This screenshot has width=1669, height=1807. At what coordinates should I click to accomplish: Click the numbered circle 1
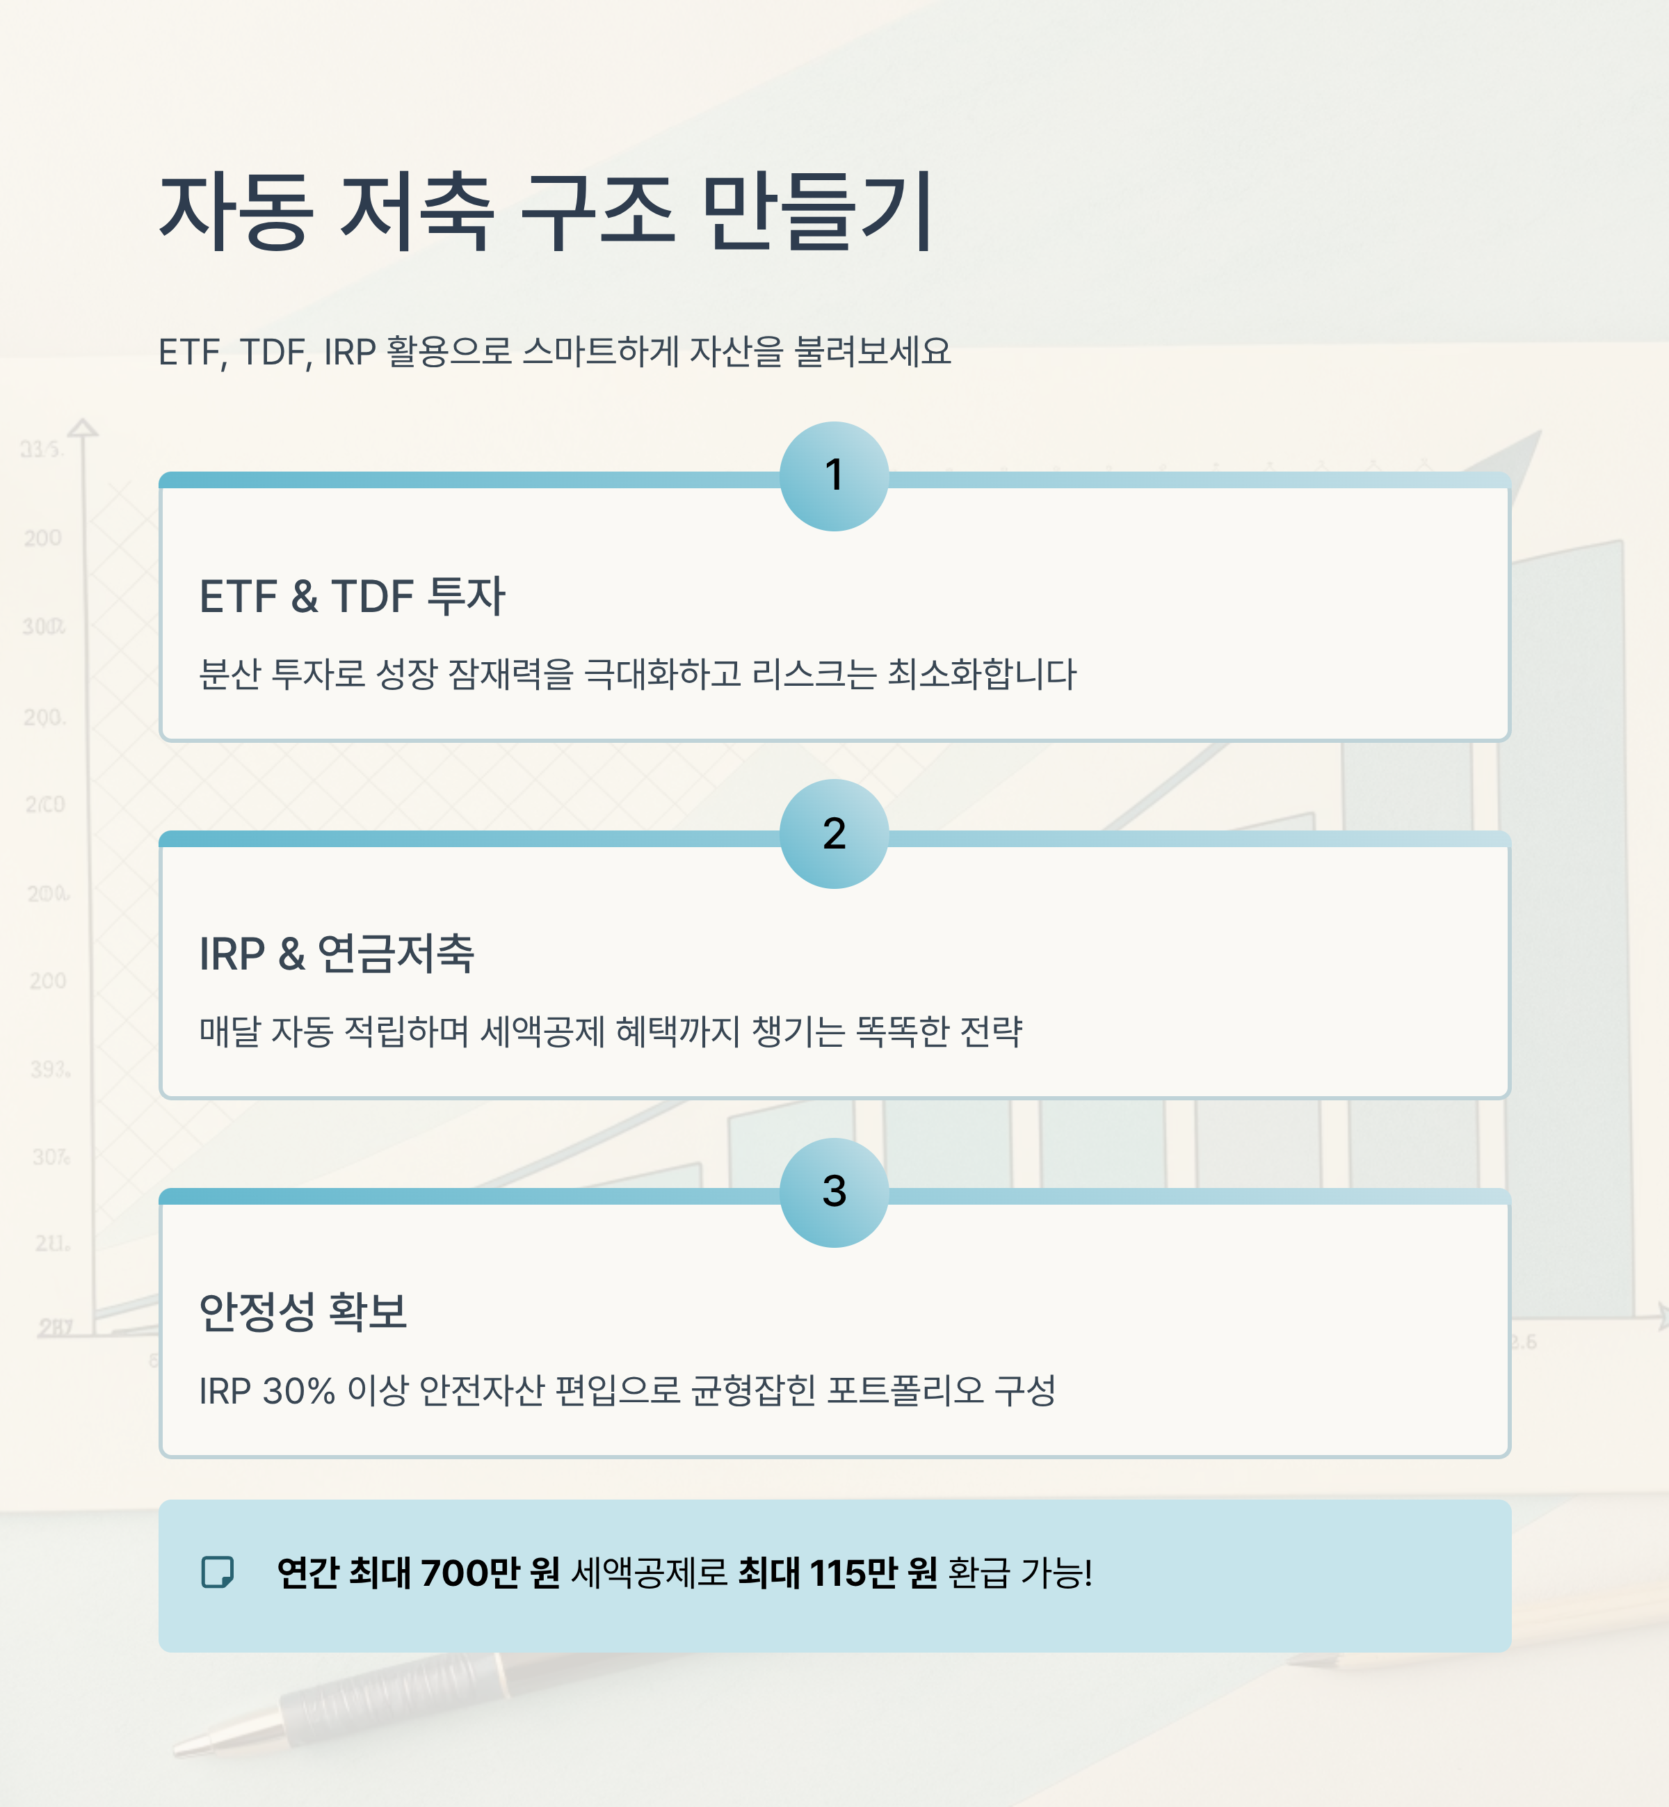834,476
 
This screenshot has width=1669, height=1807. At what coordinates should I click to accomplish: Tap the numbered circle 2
834,833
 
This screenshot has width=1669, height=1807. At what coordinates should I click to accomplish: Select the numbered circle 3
834,1192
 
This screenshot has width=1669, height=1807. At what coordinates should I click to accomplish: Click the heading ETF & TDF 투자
351,596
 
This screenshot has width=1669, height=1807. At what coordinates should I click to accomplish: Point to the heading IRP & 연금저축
336,954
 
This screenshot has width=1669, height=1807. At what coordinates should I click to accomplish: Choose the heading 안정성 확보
303,1311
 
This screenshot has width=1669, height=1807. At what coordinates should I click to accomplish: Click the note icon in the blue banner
218,1572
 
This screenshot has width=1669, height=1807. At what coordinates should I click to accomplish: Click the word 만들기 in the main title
817,212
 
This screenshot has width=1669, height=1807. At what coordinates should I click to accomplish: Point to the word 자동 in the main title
236,212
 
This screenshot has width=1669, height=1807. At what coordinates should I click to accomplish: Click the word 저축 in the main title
417,212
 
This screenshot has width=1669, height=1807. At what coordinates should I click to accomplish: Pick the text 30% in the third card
298,1390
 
